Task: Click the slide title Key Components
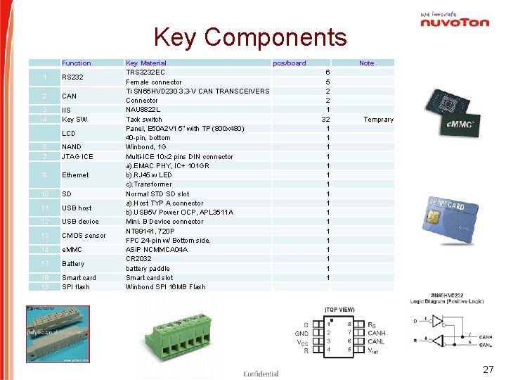[250, 37]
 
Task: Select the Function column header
[76, 63]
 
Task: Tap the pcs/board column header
[290, 63]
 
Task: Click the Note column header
[367, 63]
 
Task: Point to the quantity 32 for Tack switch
[325, 120]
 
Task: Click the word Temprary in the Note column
[378, 120]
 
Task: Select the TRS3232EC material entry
[145, 72]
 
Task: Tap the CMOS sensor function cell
[84, 236]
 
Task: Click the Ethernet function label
[75, 175]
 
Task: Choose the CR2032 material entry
[138, 259]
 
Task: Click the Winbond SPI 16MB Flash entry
[166, 287]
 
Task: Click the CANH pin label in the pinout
[377, 333]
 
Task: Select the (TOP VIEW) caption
[339, 310]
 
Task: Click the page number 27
[488, 370]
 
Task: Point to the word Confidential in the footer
[261, 374]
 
